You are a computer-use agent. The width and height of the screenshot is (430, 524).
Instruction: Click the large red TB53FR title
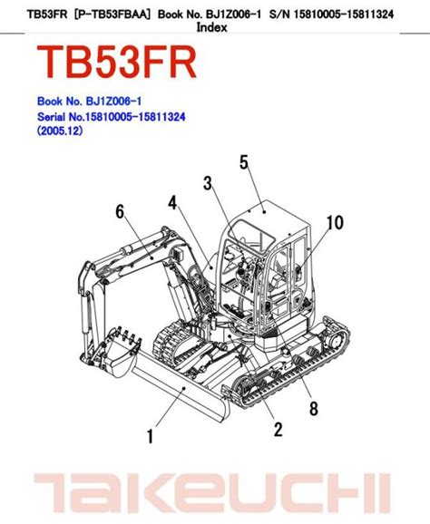[x=116, y=62]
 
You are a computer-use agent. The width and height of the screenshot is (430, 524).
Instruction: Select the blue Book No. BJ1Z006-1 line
[x=89, y=102]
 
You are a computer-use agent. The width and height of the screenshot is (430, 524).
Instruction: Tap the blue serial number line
[x=112, y=117]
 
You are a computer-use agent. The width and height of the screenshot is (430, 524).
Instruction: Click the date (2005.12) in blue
[x=60, y=131]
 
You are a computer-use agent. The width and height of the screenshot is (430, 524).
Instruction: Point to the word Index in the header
[x=211, y=27]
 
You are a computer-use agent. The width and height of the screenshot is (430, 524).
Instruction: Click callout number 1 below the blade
[x=151, y=436]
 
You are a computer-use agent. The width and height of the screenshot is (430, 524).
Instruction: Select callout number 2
[x=279, y=429]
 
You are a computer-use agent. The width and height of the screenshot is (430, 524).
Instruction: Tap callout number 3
[x=208, y=183]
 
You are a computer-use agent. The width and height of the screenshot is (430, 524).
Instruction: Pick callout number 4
[x=172, y=202]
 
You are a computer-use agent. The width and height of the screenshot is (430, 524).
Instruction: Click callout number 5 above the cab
[x=244, y=162]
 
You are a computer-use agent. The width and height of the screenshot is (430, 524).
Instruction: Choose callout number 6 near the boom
[x=120, y=211]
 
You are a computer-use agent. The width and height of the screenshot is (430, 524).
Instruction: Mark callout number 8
[x=314, y=408]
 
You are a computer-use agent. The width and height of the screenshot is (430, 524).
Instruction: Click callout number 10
[x=335, y=223]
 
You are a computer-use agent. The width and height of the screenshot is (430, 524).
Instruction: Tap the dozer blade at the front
[x=181, y=391]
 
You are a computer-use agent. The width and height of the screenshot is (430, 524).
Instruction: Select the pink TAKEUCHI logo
[x=212, y=493]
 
